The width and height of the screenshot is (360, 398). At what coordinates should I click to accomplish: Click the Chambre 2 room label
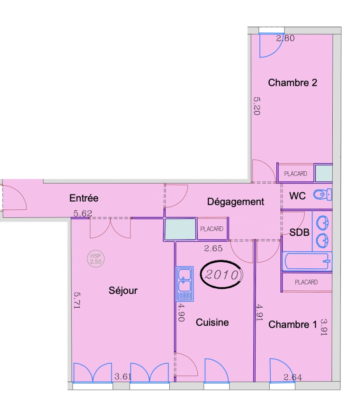tap(292, 83)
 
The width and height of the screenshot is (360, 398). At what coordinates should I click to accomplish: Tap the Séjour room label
tap(123, 290)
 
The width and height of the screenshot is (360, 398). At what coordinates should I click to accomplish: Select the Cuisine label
tap(212, 322)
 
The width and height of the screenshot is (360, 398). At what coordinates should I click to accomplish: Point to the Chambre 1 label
tap(292, 325)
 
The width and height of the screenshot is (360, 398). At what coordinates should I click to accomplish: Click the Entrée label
tap(84, 198)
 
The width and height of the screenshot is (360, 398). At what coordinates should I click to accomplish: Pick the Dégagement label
tap(235, 202)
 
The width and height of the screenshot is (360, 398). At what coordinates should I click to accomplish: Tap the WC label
tap(297, 196)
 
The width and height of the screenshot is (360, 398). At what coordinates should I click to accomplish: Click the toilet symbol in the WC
tap(323, 194)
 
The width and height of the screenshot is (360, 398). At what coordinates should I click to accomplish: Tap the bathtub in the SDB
tap(307, 261)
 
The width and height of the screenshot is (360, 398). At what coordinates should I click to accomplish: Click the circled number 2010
tap(222, 275)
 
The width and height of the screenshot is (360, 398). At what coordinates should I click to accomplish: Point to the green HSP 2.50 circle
tap(96, 259)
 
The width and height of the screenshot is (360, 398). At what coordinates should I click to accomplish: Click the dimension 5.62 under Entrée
tap(83, 213)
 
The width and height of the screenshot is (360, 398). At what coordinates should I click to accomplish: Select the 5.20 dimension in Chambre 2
tap(257, 106)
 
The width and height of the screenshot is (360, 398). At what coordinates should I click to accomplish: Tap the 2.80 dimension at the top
tap(285, 38)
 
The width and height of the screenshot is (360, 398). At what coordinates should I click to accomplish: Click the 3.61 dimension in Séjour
tap(123, 377)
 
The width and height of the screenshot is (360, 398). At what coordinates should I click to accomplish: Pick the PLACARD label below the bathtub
tap(306, 282)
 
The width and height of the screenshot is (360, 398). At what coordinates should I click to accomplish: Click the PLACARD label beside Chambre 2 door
tap(295, 174)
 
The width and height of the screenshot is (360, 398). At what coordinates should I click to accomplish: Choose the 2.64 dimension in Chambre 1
tap(292, 377)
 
